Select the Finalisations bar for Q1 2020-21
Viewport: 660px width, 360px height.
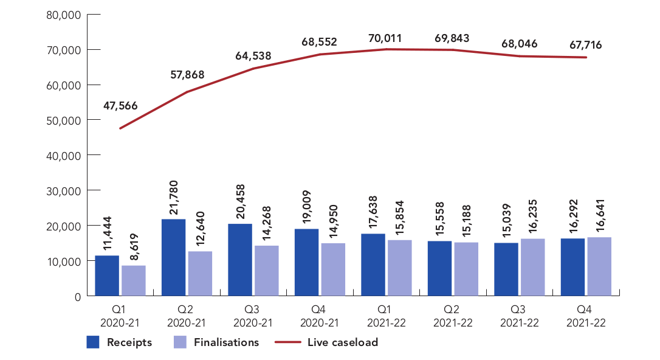(134, 280)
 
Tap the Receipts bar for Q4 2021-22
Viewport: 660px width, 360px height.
(572, 267)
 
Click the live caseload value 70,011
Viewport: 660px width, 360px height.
(386, 39)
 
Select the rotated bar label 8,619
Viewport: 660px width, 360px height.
(134, 247)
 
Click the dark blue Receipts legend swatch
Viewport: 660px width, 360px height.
(94, 342)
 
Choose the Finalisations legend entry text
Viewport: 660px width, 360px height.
(226, 342)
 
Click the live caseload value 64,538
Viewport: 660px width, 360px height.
(253, 56)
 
